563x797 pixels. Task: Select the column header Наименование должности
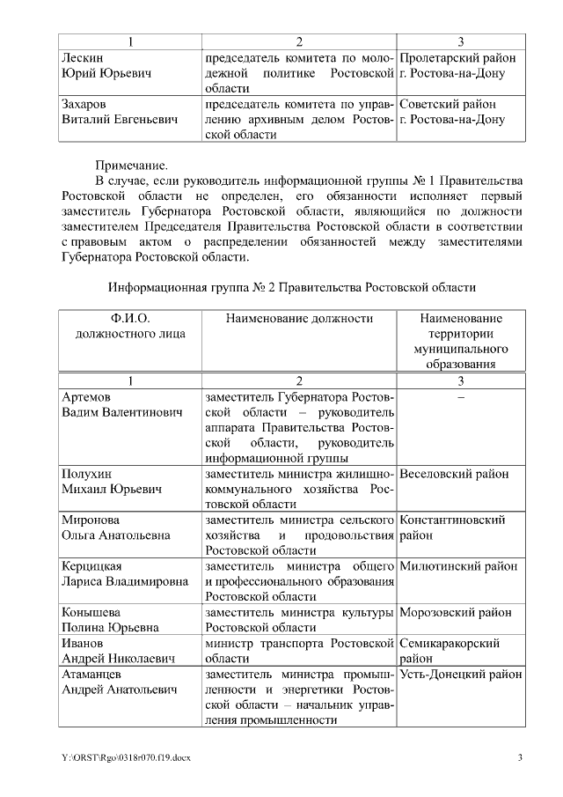[x=299, y=318]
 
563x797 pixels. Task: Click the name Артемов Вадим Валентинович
[x=119, y=405]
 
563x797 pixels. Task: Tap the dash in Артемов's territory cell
[x=461, y=397]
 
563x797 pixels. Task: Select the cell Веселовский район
[x=454, y=474]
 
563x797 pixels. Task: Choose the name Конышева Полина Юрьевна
[x=110, y=619]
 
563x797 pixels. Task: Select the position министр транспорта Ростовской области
[x=299, y=650]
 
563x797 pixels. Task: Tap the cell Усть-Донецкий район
[x=461, y=674]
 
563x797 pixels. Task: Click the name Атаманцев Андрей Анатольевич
[x=120, y=682]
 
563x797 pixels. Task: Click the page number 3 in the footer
[x=520, y=758]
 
